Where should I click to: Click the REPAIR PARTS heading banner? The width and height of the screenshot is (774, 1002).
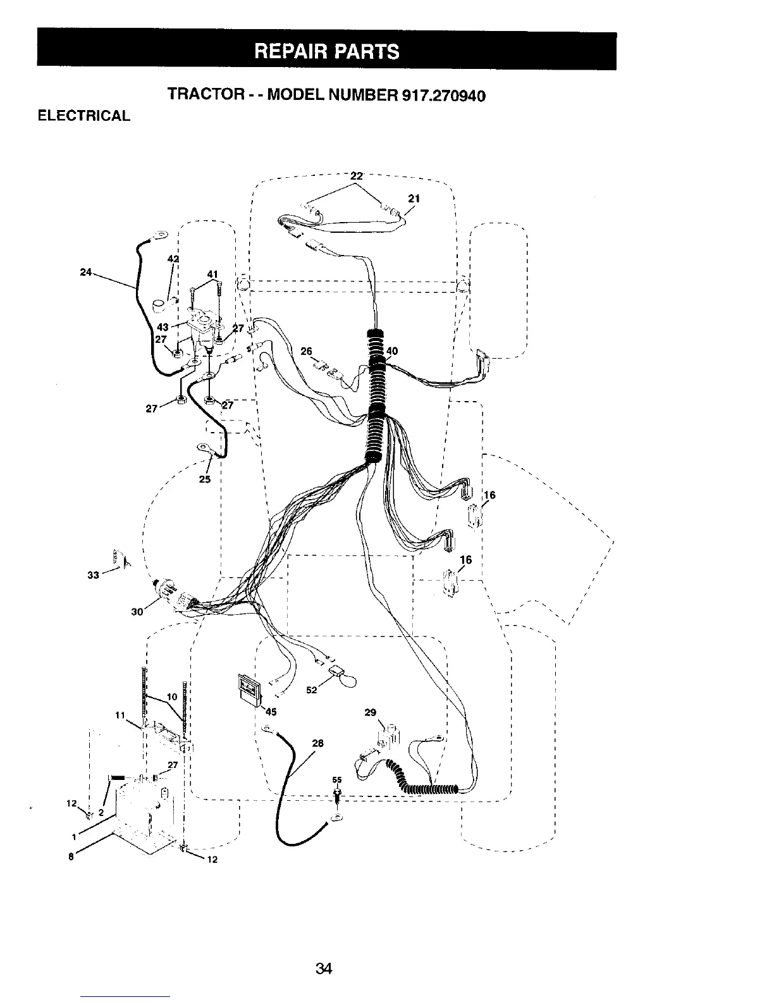(x=326, y=51)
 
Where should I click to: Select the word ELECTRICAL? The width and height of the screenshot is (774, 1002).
(x=84, y=116)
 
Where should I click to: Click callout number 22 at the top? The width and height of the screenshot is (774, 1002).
(x=357, y=175)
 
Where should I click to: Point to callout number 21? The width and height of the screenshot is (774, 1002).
(x=414, y=198)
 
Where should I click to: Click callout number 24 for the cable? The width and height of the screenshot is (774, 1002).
(x=86, y=273)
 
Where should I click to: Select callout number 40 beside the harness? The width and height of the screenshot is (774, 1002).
(x=393, y=351)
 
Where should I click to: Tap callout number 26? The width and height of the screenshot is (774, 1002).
(x=306, y=351)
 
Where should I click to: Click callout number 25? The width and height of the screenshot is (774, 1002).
(x=205, y=479)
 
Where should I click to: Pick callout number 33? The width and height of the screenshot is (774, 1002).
(x=94, y=575)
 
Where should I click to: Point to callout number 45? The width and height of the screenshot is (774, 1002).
(x=271, y=712)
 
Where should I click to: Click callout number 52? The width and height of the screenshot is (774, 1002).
(x=311, y=690)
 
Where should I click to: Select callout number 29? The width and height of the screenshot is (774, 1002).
(x=371, y=713)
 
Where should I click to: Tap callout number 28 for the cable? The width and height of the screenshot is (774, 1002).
(x=317, y=743)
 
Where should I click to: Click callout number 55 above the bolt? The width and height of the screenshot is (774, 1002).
(x=337, y=780)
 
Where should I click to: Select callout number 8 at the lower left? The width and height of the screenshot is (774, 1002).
(x=71, y=857)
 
